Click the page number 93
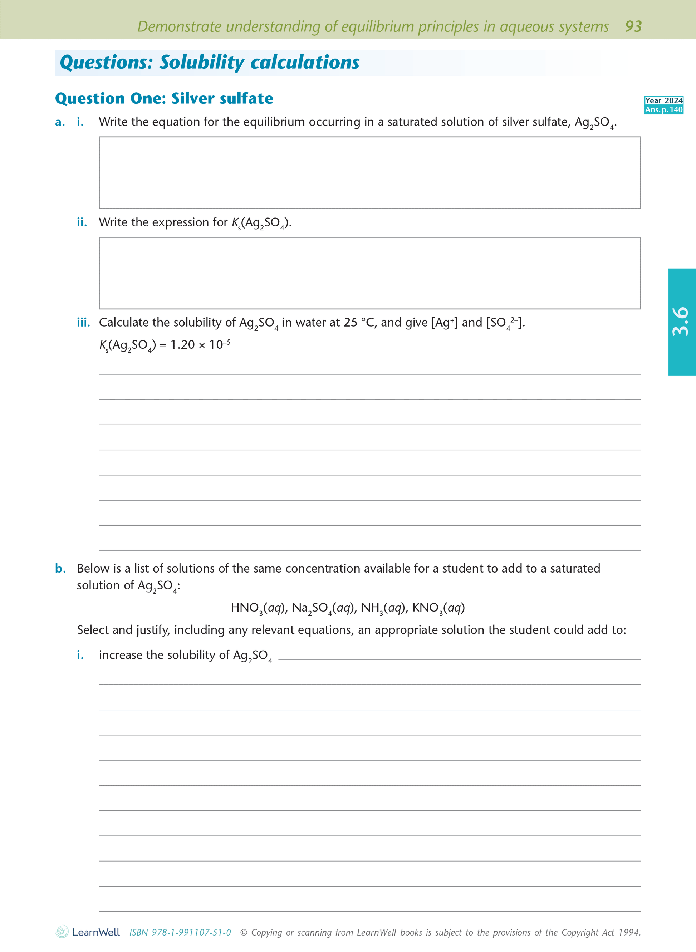coord(633,26)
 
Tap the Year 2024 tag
coord(663,100)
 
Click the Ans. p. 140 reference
coord(663,109)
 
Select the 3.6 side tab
coord(681,322)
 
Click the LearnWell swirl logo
coord(62,932)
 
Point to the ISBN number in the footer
coord(180,932)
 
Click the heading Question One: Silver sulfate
coord(164,98)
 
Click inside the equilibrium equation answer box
coord(369,172)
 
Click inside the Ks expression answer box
coord(369,273)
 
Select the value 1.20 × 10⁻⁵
coord(200,345)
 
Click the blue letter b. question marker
coord(60,568)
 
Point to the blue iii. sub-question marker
coord(83,322)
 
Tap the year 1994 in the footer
coord(629,932)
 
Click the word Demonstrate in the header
coord(180,26)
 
